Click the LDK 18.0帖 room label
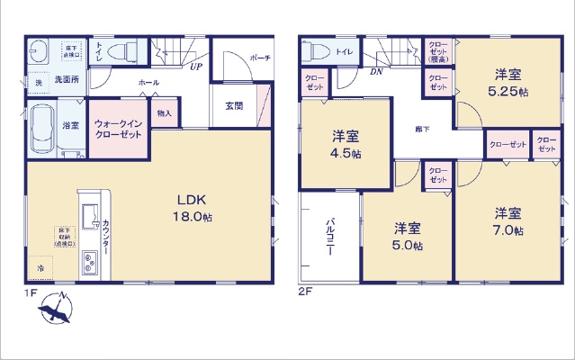coord(194,208)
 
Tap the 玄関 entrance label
coord(234,106)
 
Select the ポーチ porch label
coord(261,57)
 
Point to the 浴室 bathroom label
coord(70,127)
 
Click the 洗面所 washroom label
coord(64,80)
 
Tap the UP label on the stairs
coord(195,66)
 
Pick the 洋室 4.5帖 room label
coord(346,145)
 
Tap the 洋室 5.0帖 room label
coord(407,237)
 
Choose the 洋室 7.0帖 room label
coord(508,221)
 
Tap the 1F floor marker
coord(31,292)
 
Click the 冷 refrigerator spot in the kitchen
coord(40,268)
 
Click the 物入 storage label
coord(164,113)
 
